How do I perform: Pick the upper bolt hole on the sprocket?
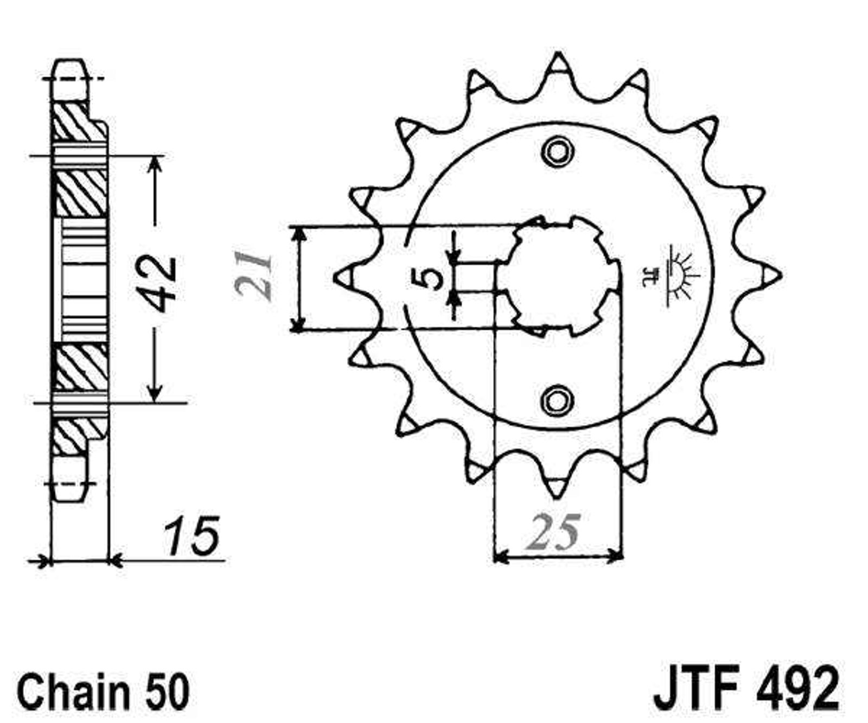(557, 151)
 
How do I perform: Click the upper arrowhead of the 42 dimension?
(156, 164)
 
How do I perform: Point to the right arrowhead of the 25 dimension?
(615, 555)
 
